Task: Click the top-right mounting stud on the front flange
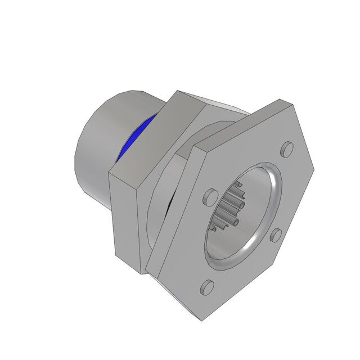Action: coord(287,149)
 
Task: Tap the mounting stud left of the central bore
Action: coord(210,196)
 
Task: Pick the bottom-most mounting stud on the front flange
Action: coord(207,286)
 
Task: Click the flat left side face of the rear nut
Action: coord(127,219)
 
